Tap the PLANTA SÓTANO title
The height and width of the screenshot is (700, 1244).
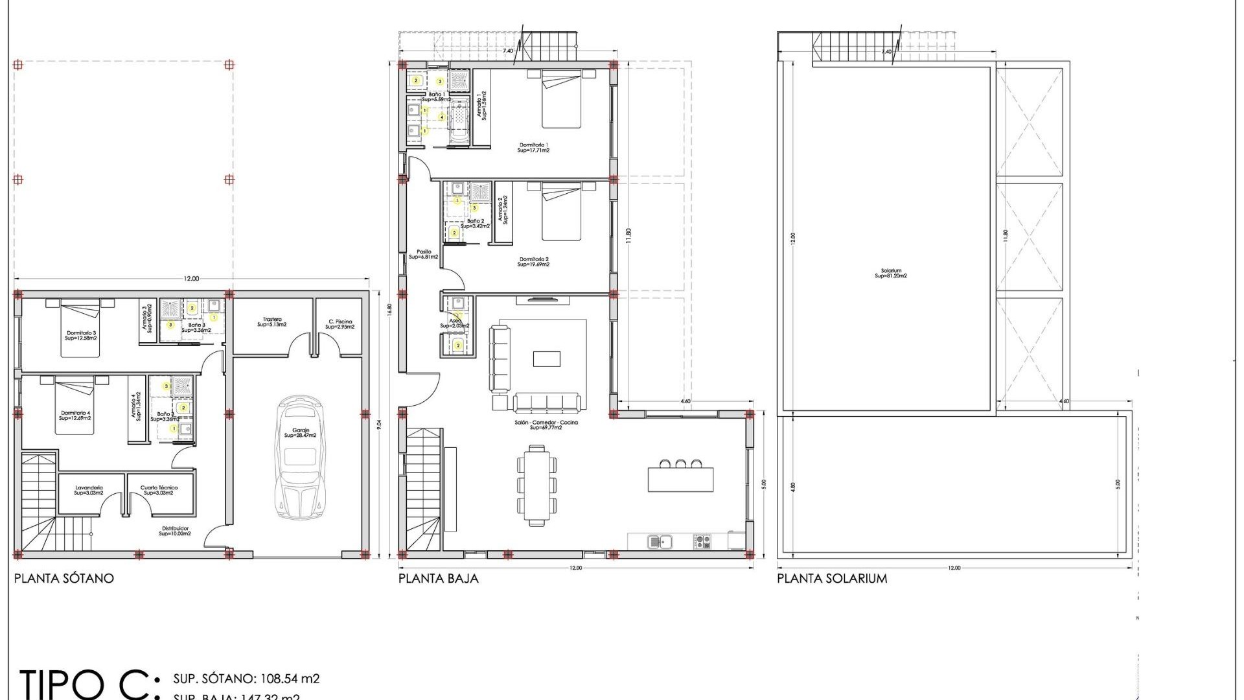click(x=64, y=578)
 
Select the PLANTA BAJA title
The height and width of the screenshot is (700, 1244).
click(x=439, y=578)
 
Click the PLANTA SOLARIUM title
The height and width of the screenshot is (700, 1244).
click(x=832, y=578)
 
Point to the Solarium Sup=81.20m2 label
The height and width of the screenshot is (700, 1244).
click(x=891, y=274)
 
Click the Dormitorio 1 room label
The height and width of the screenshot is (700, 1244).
click(x=533, y=148)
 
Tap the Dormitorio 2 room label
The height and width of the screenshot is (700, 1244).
click(x=533, y=262)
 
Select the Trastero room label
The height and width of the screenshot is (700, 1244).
click(x=272, y=321)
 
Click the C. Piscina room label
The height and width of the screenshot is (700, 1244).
click(x=340, y=324)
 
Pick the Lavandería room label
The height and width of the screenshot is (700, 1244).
click(x=89, y=490)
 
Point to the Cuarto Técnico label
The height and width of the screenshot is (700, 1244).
click(x=159, y=490)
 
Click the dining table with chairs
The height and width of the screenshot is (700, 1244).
click(x=536, y=485)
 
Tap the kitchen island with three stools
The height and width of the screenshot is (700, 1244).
click(x=680, y=478)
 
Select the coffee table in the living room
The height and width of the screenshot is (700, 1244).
click(x=546, y=358)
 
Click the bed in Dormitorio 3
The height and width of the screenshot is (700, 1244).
click(x=80, y=329)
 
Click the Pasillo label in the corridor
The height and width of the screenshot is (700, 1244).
click(x=424, y=254)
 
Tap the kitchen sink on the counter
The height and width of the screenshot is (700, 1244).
click(x=660, y=541)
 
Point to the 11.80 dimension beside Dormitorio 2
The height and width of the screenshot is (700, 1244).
click(x=628, y=235)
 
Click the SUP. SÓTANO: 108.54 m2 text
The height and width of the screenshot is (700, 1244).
click(x=246, y=679)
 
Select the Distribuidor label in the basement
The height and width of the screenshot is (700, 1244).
click(x=175, y=531)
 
